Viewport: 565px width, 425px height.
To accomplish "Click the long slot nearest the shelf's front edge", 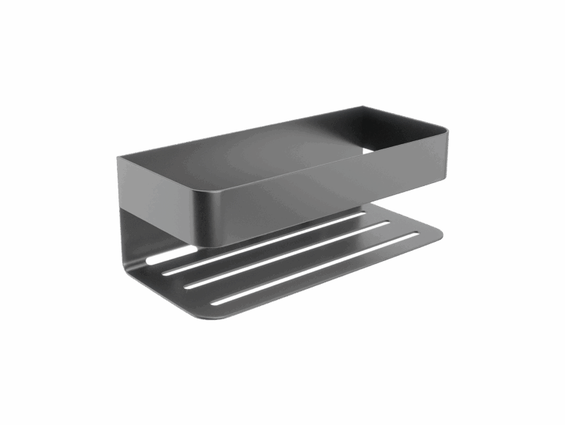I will [x=316, y=268].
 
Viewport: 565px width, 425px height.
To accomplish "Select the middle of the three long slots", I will [x=287, y=254].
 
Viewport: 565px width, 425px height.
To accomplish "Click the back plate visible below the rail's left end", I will [x=132, y=228].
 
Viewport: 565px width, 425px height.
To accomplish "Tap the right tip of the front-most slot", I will [x=416, y=235].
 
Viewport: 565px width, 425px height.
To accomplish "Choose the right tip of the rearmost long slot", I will [x=363, y=214].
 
